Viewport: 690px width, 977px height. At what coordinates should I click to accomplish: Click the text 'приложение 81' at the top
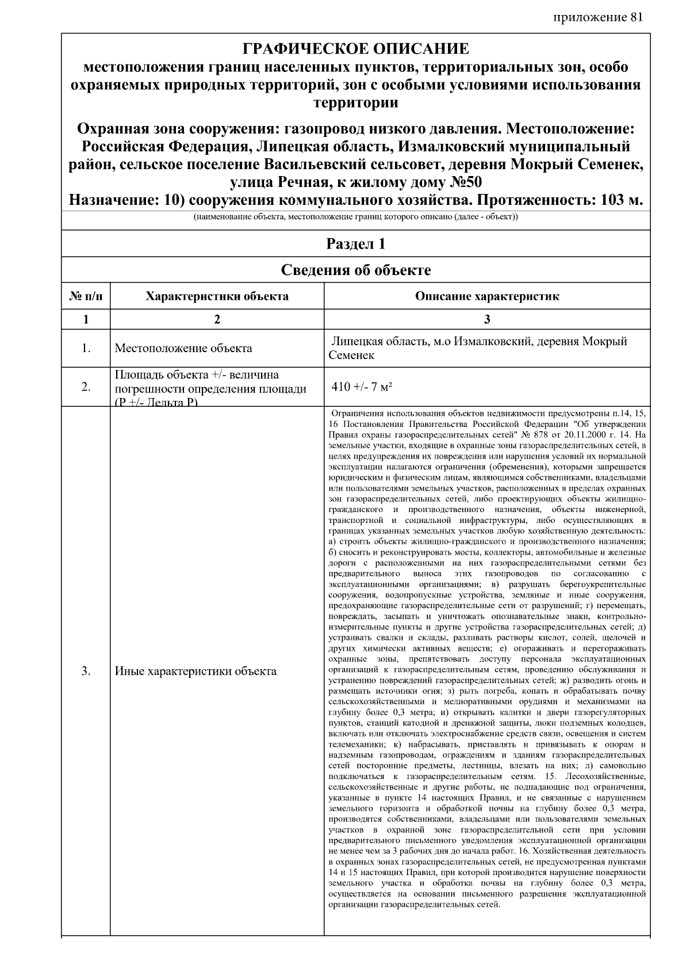click(x=597, y=17)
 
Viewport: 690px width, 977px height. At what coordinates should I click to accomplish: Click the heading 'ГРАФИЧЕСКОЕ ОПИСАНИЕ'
click(x=355, y=49)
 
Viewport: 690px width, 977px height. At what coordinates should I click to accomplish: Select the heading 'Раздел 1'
click(x=355, y=244)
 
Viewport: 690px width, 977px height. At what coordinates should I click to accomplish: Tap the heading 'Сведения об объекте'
click(x=355, y=270)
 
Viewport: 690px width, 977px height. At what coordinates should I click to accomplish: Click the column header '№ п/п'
click(x=86, y=297)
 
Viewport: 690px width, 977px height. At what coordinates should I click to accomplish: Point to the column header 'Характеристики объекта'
click(x=217, y=297)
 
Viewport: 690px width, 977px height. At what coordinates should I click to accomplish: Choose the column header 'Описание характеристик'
click(x=486, y=297)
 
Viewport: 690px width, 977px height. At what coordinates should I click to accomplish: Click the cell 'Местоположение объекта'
click(x=183, y=348)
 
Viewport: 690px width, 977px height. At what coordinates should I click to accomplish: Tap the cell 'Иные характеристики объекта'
click(x=195, y=671)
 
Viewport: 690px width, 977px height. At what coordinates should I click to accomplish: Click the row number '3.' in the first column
click(x=86, y=671)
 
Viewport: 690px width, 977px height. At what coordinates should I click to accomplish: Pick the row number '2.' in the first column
click(x=86, y=387)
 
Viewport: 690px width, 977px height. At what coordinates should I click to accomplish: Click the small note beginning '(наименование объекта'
click(x=355, y=217)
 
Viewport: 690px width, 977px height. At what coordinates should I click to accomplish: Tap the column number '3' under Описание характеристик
click(x=486, y=319)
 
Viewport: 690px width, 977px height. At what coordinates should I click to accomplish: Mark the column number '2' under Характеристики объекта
click(x=217, y=319)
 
